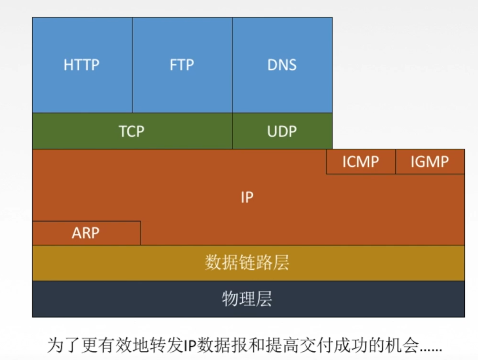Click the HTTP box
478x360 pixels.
(82, 65)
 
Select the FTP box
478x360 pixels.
(182, 65)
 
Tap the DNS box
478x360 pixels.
(282, 65)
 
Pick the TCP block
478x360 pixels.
(132, 131)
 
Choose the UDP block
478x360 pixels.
(282, 131)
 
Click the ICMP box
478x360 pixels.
(361, 162)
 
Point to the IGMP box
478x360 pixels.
(430, 162)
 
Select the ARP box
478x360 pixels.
(86, 233)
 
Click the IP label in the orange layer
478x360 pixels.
(247, 197)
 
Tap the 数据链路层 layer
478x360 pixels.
(248, 263)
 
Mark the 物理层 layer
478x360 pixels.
(248, 299)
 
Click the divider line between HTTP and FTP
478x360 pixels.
(132, 65)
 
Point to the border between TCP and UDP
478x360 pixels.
(232, 131)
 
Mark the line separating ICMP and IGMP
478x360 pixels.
(395, 162)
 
